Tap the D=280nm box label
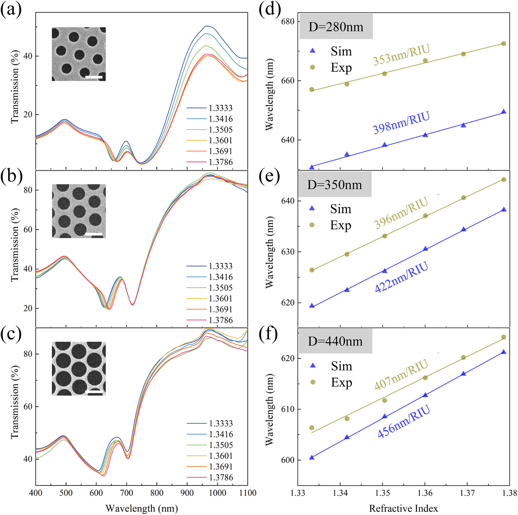[336, 27]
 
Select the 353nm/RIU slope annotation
[401, 55]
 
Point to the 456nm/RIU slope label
[404, 422]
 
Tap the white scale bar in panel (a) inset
[94, 77]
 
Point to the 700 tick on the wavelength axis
[127, 493]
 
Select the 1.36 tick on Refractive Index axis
[425, 493]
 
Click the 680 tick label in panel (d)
[288, 22]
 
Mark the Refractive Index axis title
[403, 508]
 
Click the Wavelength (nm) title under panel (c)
[142, 508]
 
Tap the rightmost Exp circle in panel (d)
[504, 44]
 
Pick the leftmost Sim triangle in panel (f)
[312, 458]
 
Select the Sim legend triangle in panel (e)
[312, 208]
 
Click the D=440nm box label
[335, 341]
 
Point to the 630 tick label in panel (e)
[288, 252]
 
